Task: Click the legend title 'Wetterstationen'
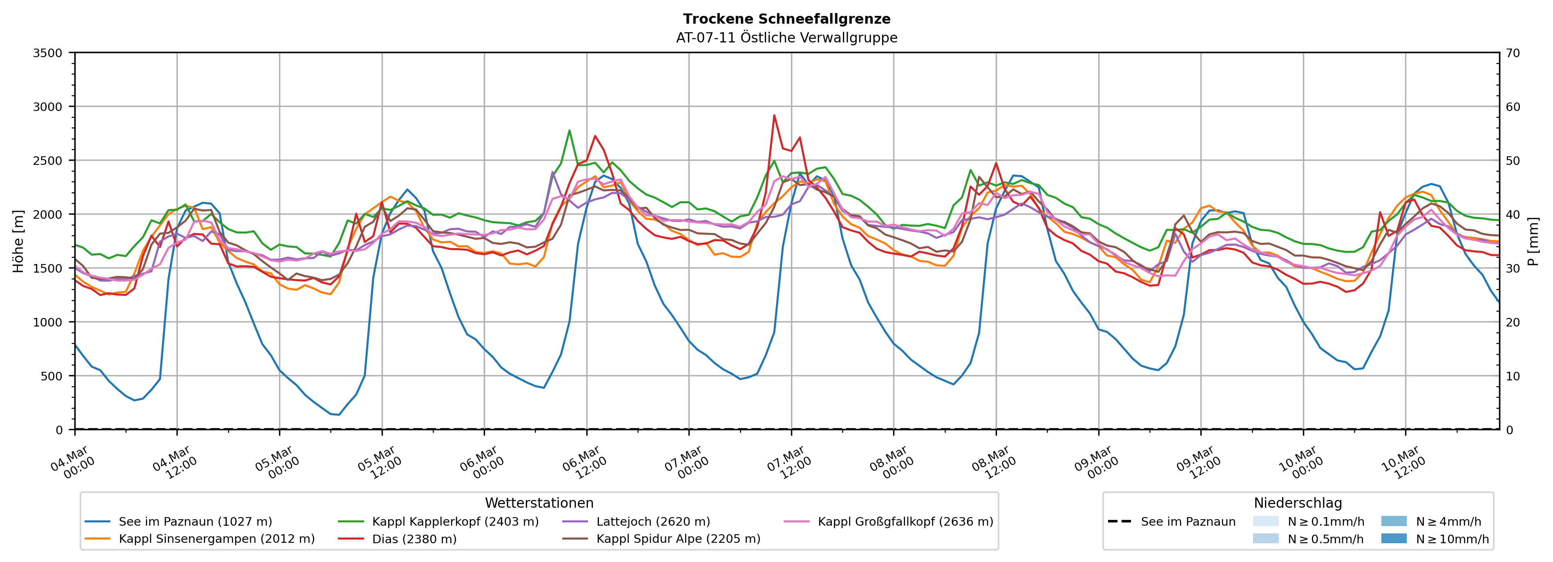(539, 503)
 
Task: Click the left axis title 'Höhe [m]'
(18, 241)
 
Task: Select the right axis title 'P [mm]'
(1533, 241)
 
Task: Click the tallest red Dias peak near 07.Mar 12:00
(774, 115)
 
